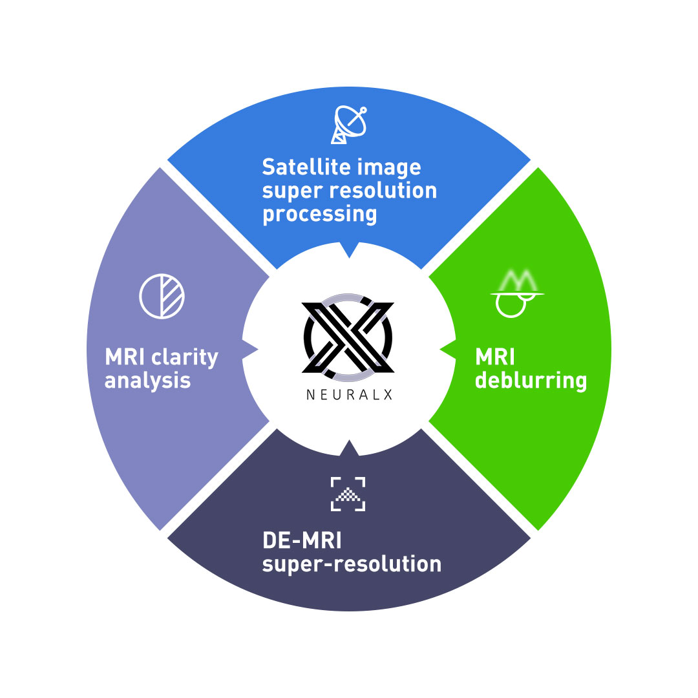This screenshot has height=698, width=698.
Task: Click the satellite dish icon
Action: coord(349,125)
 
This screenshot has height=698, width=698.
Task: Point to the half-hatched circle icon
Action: coord(162,296)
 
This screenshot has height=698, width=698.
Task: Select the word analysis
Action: coord(147,381)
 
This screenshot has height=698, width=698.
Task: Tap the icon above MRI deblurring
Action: coord(517,294)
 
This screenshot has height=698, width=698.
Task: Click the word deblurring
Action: coord(531,380)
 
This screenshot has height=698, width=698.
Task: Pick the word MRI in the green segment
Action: coord(494,357)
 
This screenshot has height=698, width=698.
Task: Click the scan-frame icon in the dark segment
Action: coord(348,494)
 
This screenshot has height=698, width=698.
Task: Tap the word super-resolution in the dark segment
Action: coord(352,564)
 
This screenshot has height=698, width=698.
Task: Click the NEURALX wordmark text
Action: coord(349,395)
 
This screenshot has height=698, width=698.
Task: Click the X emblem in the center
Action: coord(348,337)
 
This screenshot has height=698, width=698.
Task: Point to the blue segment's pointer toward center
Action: coord(349,249)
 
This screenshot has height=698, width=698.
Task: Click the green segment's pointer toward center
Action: coord(447,349)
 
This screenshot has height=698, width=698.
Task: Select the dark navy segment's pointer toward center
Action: coord(349,447)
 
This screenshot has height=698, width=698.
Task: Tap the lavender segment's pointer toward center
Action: coord(250,350)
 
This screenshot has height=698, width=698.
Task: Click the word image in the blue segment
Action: coord(391,167)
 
